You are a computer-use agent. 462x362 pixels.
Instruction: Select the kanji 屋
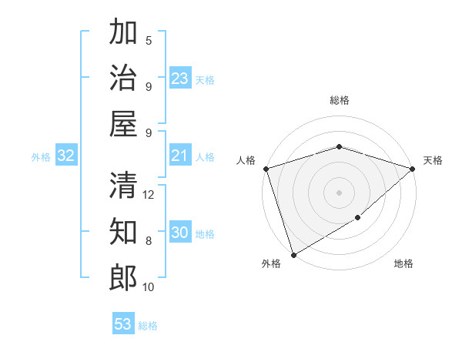coord(123,124)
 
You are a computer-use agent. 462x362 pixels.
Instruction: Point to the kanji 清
coord(123,185)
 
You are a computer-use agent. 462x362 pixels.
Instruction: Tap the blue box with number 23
coord(179,79)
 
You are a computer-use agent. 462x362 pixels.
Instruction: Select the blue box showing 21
coord(179,156)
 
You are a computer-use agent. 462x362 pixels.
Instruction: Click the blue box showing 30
coord(179,233)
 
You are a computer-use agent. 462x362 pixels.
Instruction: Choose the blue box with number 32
coord(66,156)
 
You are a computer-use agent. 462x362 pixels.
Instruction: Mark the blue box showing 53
coord(123,324)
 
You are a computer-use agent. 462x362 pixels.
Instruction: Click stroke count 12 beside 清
coord(149,195)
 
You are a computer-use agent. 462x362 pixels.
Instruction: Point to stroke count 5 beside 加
coord(149,41)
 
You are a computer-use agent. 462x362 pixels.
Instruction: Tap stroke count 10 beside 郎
coord(149,287)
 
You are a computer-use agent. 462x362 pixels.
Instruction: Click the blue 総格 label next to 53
coord(148,326)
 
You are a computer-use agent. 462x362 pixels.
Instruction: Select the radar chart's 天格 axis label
coord(433,160)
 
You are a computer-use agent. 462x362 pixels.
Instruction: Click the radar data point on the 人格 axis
coord(266,169)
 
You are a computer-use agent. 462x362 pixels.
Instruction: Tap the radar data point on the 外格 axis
coord(293,254)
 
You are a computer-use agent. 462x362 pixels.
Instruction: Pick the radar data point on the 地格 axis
coord(358,219)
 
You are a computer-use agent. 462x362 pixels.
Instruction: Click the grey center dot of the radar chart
coord(339,192)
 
